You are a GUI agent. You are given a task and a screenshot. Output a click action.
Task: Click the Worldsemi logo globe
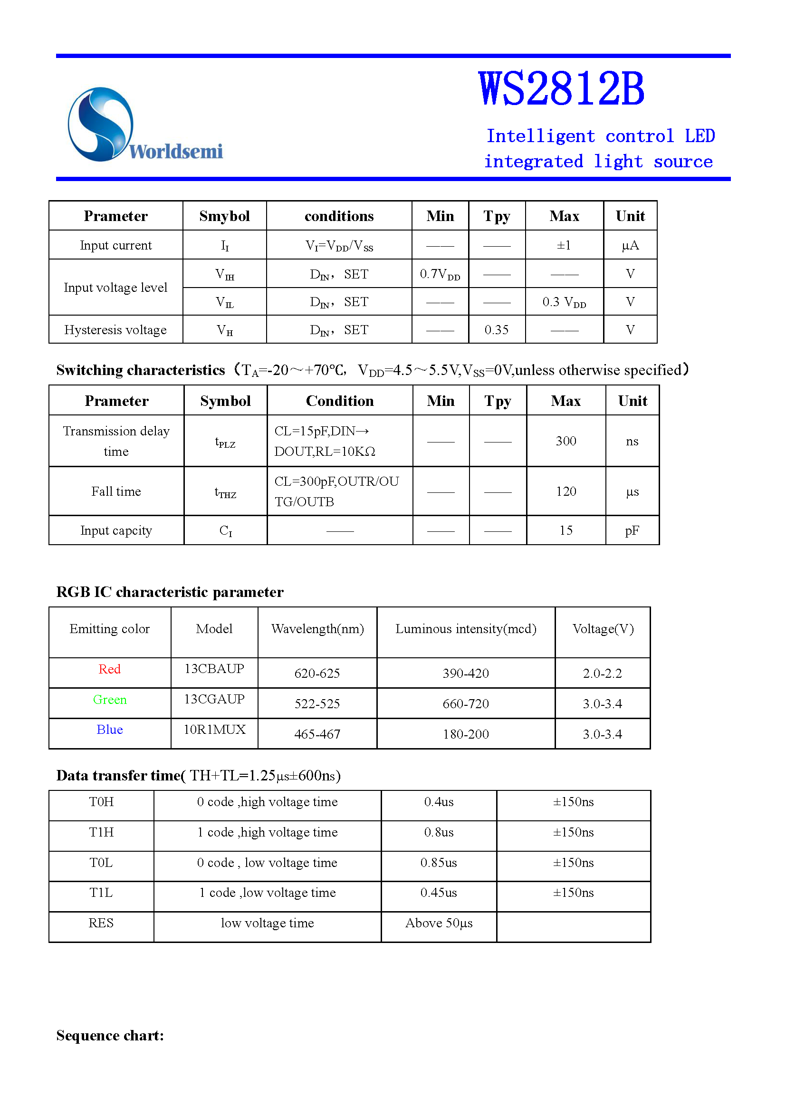pos(100,124)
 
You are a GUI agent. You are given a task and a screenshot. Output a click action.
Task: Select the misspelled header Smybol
pos(224,216)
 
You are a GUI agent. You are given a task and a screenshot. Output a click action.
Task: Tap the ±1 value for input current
pos(564,245)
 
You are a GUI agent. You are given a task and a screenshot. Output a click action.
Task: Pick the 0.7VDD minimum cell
pos(440,274)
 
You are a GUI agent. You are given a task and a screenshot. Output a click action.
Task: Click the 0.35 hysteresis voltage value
pos(497,330)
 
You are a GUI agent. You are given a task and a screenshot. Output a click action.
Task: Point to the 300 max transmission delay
pos(566,441)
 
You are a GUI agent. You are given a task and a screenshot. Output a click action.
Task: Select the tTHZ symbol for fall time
pos(225,492)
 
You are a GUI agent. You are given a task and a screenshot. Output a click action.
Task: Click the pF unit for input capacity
pos(632,531)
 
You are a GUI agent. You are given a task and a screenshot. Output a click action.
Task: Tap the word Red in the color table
pos(109,669)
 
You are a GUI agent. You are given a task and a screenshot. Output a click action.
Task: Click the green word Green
pos(110,700)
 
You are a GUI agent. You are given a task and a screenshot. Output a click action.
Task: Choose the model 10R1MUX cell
pos(214,730)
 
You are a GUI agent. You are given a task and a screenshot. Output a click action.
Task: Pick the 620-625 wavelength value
pos(317,673)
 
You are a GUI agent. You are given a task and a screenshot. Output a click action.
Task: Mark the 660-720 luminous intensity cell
pos(466,704)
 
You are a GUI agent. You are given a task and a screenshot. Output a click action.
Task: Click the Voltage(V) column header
pos(603,629)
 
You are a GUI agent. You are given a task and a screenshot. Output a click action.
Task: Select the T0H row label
pos(101,802)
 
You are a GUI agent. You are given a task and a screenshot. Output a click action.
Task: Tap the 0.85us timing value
pos(439,863)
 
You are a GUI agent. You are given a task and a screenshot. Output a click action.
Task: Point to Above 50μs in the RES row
pos(439,923)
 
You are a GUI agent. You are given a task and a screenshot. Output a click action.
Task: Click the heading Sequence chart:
pos(110,1035)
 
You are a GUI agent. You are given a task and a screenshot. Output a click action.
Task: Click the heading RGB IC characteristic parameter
pos(170,592)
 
